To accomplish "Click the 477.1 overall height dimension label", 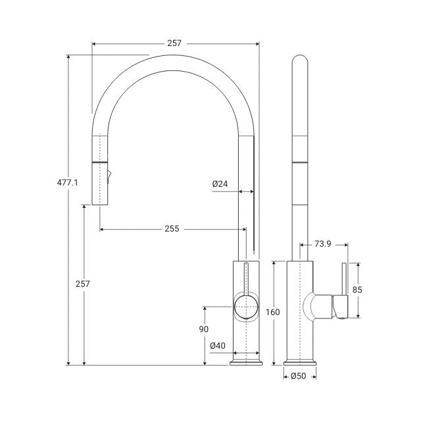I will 67,183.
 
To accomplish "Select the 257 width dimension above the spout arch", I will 174,43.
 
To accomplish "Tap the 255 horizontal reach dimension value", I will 172,229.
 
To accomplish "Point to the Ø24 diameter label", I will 220,184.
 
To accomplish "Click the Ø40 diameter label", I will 218,345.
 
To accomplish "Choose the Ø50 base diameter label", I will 299,376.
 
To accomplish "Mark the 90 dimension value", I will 204,329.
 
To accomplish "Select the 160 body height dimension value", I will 273,312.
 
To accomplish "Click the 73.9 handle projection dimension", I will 322,244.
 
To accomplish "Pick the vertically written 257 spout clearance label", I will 84,284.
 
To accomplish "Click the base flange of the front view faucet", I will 247,361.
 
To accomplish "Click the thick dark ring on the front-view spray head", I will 99,161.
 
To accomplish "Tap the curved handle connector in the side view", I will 319,306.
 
